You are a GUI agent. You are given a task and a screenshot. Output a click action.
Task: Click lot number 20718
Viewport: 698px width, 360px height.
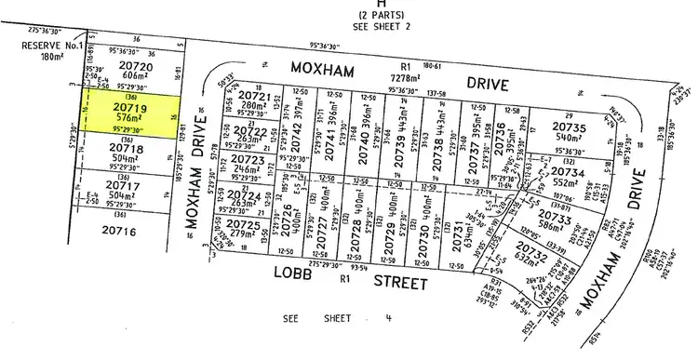(127, 148)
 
